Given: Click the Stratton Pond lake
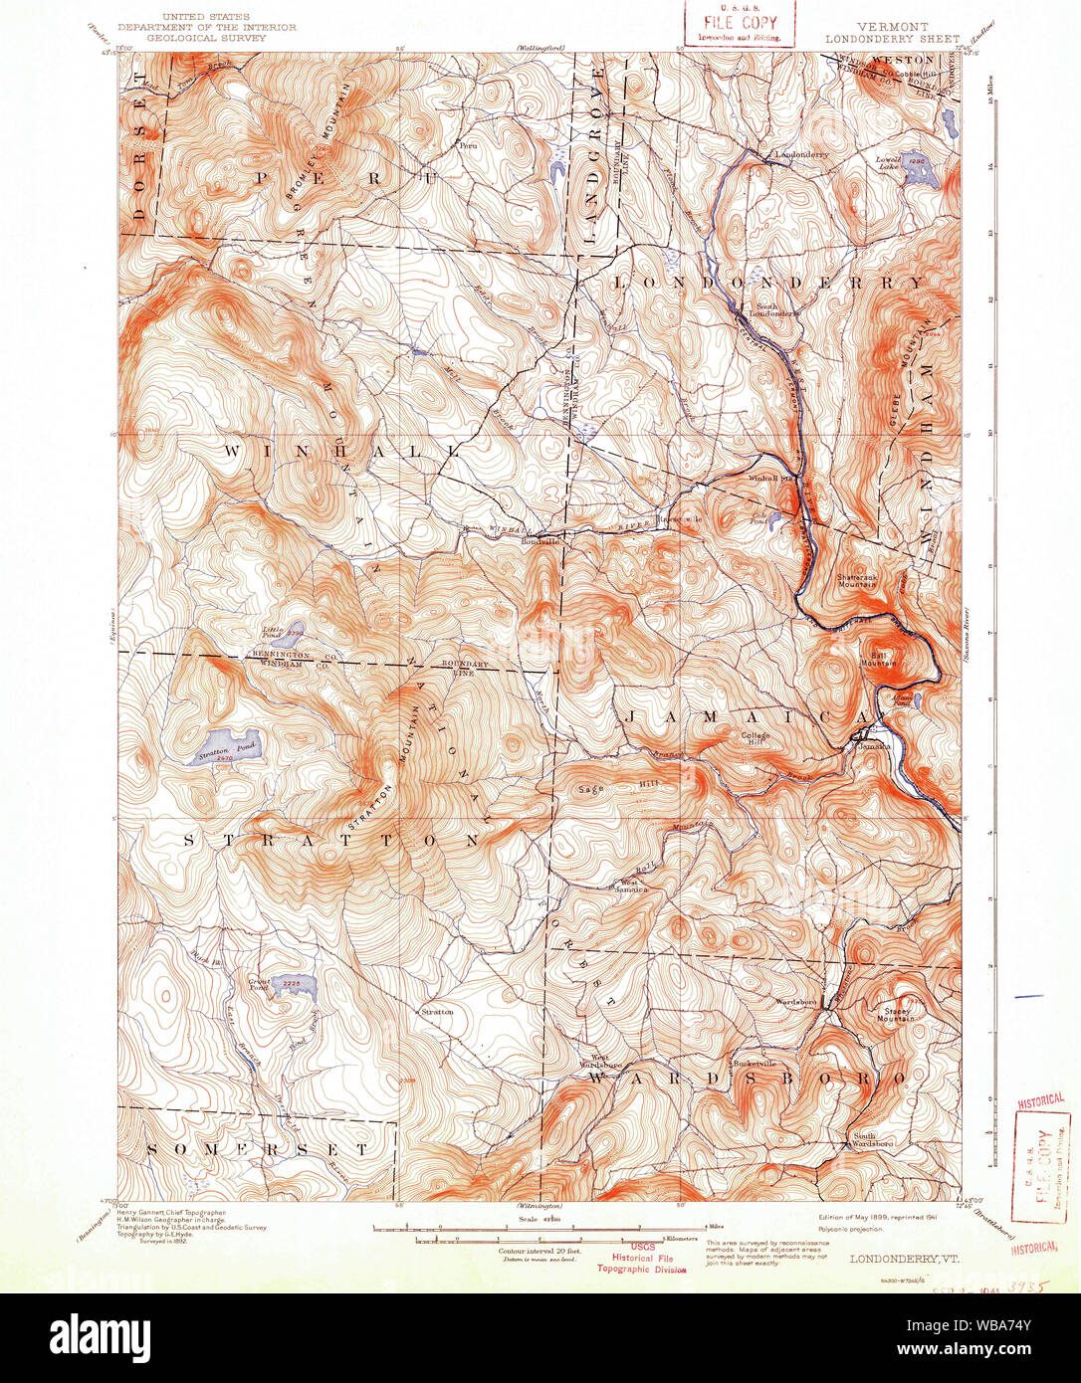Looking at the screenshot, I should pos(221,748).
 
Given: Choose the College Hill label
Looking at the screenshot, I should pos(756,739).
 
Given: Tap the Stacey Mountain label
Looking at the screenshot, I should pos(896,1015).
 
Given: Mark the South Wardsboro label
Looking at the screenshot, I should pos(872,1140).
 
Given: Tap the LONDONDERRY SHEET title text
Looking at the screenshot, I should pos(878,39).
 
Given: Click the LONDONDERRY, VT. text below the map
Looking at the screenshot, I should pos(891,1258).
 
